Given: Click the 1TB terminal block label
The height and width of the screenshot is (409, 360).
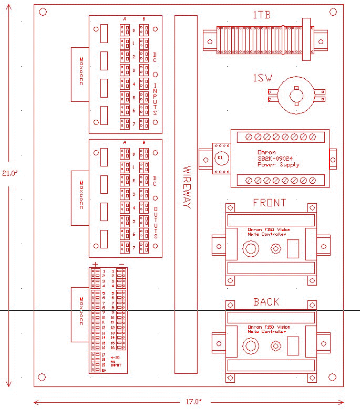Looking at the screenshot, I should pyautogui.click(x=261, y=15).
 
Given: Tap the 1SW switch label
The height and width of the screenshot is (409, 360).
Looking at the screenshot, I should pyautogui.click(x=262, y=78).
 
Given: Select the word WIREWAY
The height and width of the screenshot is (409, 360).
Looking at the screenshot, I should pyautogui.click(x=187, y=187).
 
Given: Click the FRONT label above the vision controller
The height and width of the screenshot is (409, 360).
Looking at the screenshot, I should pyautogui.click(x=270, y=203).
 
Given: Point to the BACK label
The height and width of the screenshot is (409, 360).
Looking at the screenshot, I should pyautogui.click(x=266, y=302).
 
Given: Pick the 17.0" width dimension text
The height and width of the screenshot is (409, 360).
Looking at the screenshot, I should pyautogui.click(x=193, y=402).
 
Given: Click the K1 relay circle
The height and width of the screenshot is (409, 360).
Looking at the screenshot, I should pyautogui.click(x=220, y=158).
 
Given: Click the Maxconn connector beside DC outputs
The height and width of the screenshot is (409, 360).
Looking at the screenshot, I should pyautogui.click(x=80, y=197).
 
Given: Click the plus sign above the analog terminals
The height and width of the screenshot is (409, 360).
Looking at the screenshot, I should pyautogui.click(x=95, y=264).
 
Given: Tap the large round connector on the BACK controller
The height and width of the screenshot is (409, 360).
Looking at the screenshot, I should pyautogui.click(x=249, y=346).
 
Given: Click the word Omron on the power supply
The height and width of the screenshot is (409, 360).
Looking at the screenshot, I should pyautogui.click(x=266, y=152).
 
